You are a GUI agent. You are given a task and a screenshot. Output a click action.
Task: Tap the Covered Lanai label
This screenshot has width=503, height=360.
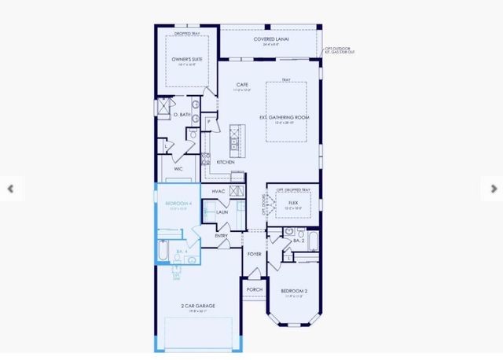[x=269, y=39]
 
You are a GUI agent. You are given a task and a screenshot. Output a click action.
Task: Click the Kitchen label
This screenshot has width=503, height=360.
[x=226, y=162]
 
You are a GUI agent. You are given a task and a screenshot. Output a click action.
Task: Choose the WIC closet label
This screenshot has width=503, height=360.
[x=178, y=169]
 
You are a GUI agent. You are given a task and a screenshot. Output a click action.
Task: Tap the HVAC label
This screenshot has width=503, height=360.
[x=218, y=191]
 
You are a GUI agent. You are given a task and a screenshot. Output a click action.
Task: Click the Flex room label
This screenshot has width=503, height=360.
[x=292, y=203]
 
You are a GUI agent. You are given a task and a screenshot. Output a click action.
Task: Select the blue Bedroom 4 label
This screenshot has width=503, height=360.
[x=178, y=204]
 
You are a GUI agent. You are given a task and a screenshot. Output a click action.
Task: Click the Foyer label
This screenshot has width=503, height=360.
[x=254, y=254]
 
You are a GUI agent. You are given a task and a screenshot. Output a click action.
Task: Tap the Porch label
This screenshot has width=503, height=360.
[x=254, y=289]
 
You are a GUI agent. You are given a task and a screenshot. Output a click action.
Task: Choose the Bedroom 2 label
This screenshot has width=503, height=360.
[x=294, y=292]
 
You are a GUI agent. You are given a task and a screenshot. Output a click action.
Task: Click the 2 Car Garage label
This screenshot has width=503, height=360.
[x=198, y=306]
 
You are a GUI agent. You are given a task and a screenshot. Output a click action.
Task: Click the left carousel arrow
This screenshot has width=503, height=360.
[x=9, y=189]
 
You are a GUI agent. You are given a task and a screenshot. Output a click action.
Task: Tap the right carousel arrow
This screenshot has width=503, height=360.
[x=494, y=189]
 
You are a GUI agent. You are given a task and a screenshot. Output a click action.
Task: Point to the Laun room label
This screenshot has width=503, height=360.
[x=222, y=212]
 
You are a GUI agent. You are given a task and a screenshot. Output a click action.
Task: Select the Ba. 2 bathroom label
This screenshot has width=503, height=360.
[x=298, y=240]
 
